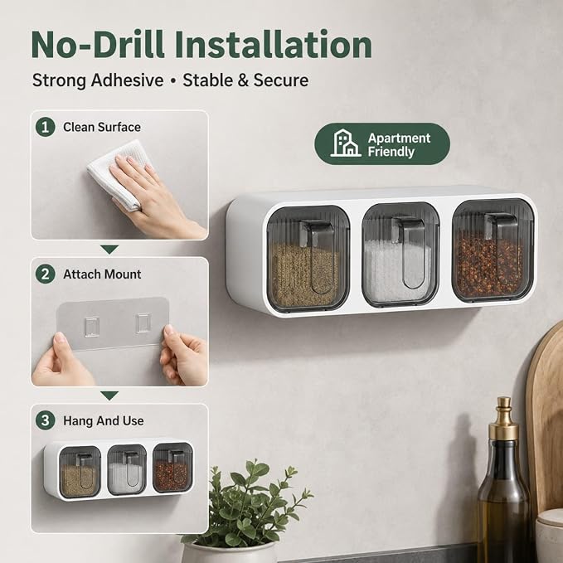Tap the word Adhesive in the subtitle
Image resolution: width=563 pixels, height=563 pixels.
(x=127, y=80)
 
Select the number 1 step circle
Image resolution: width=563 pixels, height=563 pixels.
(x=46, y=127)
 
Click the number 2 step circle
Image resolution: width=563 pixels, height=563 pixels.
(x=46, y=274)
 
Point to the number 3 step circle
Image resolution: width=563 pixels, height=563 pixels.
(x=46, y=420)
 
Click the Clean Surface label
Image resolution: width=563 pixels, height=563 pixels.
(x=102, y=127)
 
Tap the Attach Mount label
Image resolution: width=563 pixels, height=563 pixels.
(x=102, y=274)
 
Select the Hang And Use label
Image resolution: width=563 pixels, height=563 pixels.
(x=104, y=421)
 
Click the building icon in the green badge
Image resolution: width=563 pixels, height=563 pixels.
(x=346, y=143)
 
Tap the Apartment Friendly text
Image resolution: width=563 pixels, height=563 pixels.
(x=399, y=145)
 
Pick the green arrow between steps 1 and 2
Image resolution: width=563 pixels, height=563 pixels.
(x=109, y=250)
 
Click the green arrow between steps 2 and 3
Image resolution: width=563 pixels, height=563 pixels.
(x=109, y=396)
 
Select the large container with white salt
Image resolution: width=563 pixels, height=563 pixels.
(x=400, y=255)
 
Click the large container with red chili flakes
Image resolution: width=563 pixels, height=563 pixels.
(x=493, y=250)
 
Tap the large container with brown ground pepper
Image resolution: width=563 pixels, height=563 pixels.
(x=308, y=258)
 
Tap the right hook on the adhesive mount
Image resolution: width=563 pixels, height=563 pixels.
(x=143, y=323)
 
